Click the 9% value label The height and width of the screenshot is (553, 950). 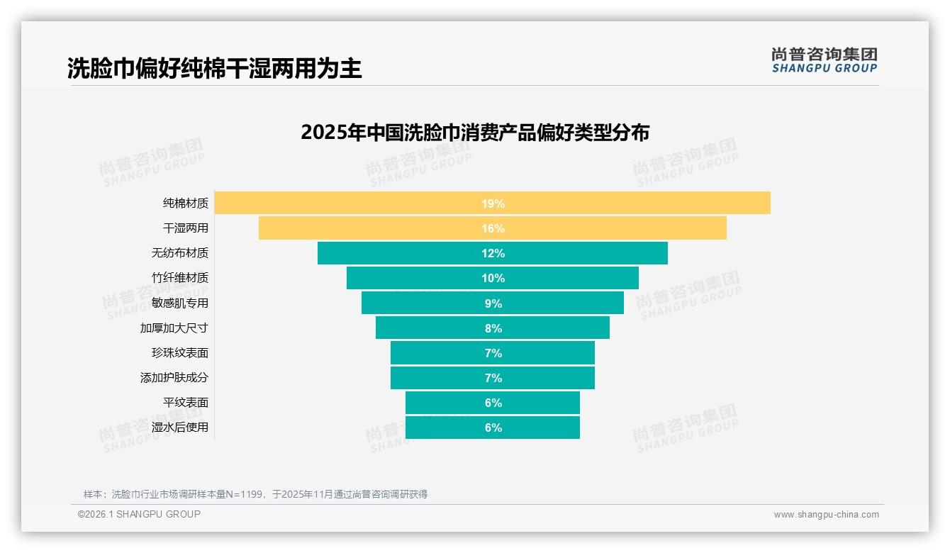[493, 303]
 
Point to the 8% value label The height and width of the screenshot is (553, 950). [493, 328]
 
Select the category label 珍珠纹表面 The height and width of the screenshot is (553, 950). [180, 353]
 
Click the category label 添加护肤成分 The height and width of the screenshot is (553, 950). [174, 378]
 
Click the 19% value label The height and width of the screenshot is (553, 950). [493, 203]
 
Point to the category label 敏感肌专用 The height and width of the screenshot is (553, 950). [180, 303]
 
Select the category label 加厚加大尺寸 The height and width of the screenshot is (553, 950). [174, 328]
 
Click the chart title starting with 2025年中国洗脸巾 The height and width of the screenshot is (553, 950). [475, 133]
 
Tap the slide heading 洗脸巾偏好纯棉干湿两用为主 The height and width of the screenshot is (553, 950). [214, 68]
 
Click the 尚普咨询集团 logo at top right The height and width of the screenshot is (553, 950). [824, 60]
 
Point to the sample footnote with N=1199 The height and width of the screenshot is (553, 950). [255, 494]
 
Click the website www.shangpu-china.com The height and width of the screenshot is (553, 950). [826, 515]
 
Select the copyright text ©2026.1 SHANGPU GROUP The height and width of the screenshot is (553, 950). [139, 514]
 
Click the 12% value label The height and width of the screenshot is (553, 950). [493, 253]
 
